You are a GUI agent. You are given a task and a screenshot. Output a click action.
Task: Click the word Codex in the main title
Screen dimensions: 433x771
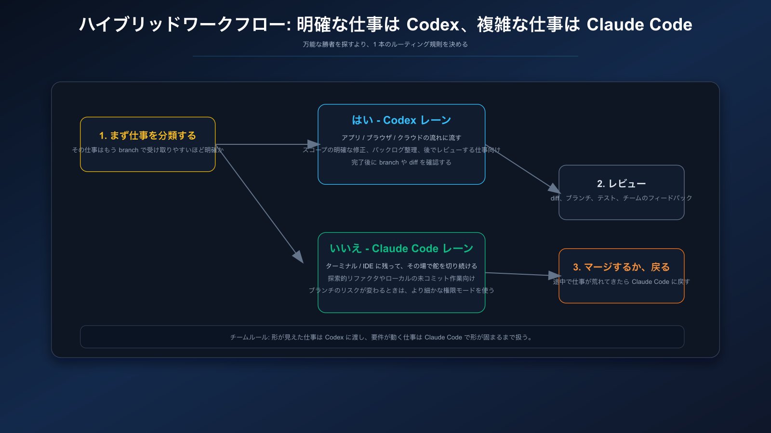tap(433, 25)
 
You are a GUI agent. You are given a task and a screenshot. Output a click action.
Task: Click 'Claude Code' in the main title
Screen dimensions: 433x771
tap(639, 25)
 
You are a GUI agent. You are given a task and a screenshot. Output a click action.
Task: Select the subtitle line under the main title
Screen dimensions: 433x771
tap(385, 44)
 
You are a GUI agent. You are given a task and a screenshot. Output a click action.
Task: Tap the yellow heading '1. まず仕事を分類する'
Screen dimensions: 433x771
tap(147, 136)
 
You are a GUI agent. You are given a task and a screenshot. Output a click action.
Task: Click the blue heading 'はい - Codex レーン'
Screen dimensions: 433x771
tap(401, 120)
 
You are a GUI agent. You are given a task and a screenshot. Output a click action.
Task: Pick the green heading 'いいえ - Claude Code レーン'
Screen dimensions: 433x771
tap(401, 249)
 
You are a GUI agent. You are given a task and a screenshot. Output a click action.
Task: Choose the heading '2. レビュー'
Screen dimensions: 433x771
tap(621, 184)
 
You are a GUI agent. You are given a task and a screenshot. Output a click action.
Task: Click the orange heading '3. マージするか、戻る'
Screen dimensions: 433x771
tap(621, 267)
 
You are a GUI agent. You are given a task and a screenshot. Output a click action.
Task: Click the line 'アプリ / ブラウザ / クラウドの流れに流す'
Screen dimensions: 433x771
tap(401, 138)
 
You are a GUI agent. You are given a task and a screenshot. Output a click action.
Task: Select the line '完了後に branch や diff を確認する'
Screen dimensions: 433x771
tap(401, 163)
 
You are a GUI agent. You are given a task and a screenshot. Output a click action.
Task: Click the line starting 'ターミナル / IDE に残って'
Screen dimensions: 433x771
tap(401, 266)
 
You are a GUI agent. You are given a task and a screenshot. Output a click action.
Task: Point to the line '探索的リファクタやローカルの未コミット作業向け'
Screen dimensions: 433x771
tap(401, 279)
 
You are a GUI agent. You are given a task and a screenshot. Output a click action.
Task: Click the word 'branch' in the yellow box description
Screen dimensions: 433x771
tap(128, 150)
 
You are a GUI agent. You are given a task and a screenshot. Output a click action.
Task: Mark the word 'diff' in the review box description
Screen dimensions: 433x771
tap(555, 198)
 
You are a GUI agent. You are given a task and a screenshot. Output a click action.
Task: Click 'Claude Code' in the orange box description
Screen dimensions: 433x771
tap(650, 282)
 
